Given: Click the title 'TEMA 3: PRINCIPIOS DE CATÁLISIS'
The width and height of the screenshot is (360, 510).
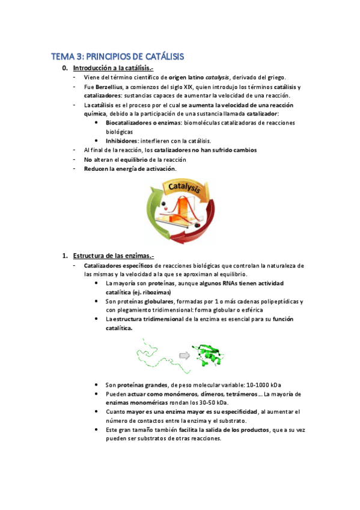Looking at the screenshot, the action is [x=117, y=57].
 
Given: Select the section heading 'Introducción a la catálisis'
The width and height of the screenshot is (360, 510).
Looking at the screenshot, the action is [x=112, y=68].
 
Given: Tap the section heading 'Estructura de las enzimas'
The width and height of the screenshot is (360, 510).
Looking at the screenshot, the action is [x=111, y=256].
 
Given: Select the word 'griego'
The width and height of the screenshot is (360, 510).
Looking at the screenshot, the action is [x=274, y=78].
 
